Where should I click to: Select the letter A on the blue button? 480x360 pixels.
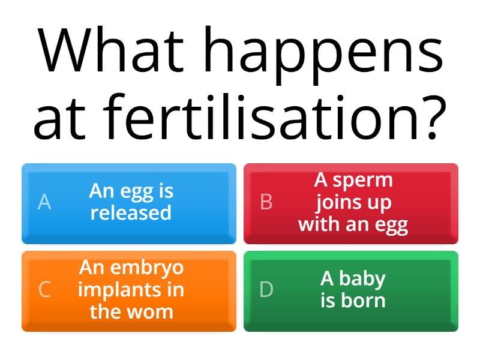[x=44, y=202]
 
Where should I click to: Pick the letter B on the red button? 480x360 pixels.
[x=266, y=202]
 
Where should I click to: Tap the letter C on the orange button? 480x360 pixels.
[x=44, y=289]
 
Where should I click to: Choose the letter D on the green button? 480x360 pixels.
[x=266, y=289]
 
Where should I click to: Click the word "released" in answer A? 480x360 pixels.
[x=131, y=213]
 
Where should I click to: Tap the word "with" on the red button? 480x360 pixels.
[x=318, y=225]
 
